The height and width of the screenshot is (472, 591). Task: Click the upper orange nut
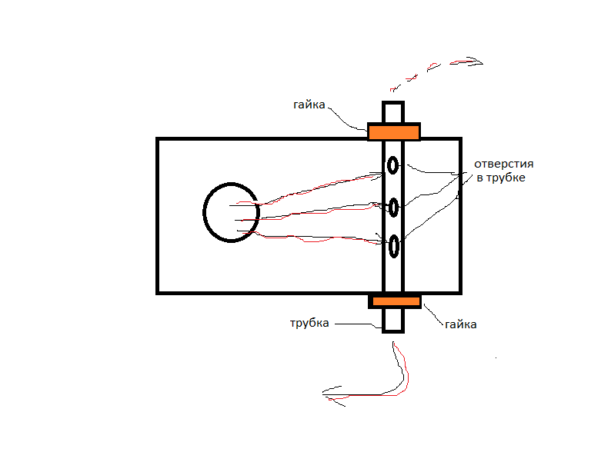[393, 131]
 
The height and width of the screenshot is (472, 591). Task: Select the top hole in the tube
[393, 165]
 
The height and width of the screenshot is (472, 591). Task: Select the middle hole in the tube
[394, 207]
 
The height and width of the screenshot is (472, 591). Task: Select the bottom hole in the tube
[394, 247]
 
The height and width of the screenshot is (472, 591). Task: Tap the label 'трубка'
[309, 323]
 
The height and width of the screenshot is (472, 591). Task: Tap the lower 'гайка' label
[460, 324]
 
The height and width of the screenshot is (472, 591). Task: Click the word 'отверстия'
[504, 164]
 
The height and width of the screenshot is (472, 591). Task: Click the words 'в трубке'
[501, 178]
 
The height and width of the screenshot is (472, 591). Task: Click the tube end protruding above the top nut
[392, 111]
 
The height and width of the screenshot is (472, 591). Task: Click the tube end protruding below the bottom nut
[392, 320]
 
